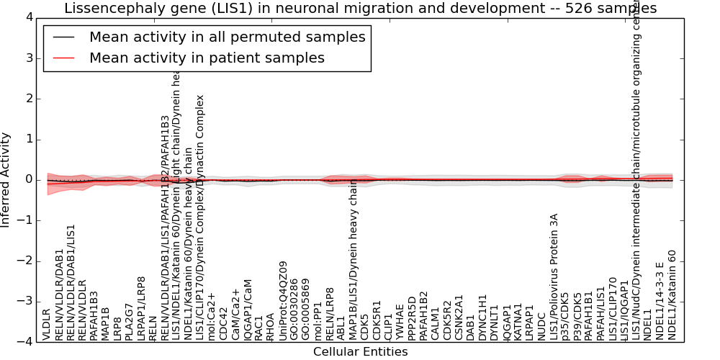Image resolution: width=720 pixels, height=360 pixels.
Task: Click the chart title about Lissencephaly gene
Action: point(360,9)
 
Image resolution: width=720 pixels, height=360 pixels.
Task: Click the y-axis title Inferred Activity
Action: point(6,179)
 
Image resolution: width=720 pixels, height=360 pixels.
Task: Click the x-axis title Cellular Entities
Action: point(360,352)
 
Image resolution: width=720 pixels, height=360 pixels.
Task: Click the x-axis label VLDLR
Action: point(47,324)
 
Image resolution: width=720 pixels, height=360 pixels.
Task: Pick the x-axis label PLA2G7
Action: point(130,320)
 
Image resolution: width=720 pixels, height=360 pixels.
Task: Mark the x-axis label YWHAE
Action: point(400,323)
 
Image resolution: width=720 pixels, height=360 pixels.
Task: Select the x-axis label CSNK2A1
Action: point(459,318)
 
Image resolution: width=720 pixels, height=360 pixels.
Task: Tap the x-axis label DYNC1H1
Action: point(483,317)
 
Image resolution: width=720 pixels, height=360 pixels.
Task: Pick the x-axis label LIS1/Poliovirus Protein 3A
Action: point(554,276)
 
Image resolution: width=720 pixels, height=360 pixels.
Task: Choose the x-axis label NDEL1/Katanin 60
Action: point(672,294)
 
